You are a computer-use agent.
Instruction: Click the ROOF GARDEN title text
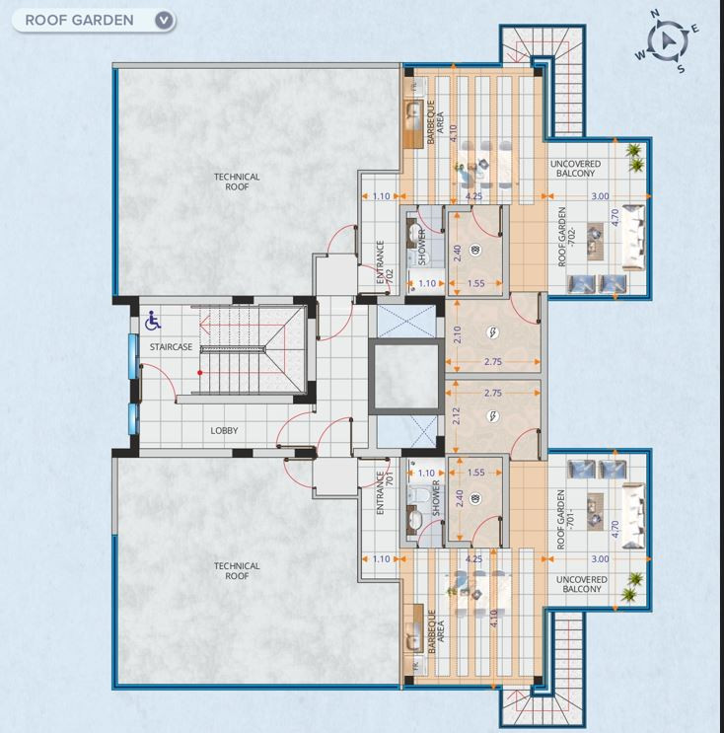click(x=79, y=20)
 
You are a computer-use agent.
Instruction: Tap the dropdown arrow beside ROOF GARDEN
click(x=164, y=20)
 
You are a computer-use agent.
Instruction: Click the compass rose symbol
click(x=667, y=41)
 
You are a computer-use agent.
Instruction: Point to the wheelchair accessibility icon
click(x=152, y=321)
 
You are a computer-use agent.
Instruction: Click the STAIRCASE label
click(x=171, y=347)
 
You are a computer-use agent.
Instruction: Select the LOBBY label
click(x=224, y=430)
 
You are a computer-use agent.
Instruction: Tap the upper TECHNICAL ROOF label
click(x=237, y=182)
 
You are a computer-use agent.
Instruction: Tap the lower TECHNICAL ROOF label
click(x=237, y=571)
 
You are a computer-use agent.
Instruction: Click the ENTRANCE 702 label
click(x=385, y=262)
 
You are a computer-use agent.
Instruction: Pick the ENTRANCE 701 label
click(x=385, y=492)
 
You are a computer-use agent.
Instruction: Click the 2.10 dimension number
click(x=457, y=334)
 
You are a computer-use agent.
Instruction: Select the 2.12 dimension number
click(x=457, y=416)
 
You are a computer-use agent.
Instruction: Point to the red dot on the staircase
click(x=200, y=373)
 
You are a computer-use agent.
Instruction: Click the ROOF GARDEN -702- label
click(x=566, y=237)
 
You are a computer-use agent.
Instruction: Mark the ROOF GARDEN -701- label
click(x=565, y=519)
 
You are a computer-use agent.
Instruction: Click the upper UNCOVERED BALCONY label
click(x=575, y=169)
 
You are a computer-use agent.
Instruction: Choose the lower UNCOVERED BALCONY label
click(x=581, y=584)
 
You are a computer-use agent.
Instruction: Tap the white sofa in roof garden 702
click(x=633, y=238)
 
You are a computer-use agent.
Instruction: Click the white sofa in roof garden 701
click(x=633, y=516)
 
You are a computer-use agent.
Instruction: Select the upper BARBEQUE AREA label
click(x=435, y=121)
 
